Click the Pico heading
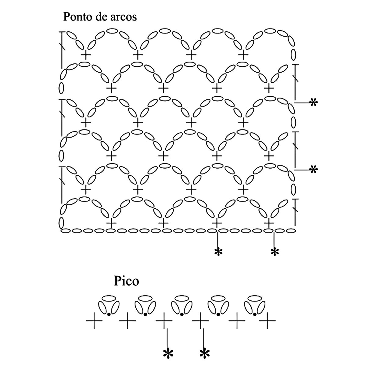pos(126,281)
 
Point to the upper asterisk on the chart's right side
pos(313,102)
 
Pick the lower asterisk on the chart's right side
pos(313,169)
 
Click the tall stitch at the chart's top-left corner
pos(62,49)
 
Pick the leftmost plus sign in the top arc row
pos(86,55)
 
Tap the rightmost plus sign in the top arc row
pos(243,55)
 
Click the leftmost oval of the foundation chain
pos(65,231)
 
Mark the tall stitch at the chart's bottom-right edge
pos(295,212)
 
